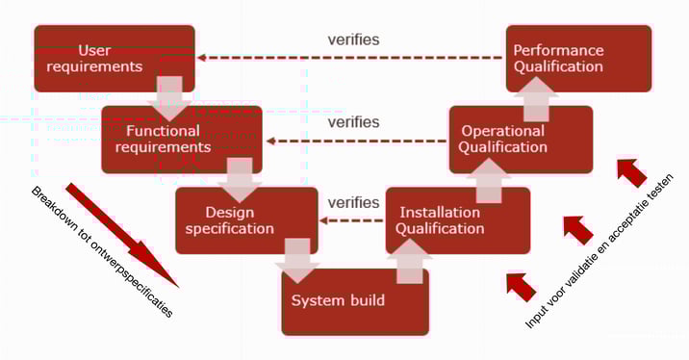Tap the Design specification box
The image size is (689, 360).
pyautogui.click(x=241, y=219)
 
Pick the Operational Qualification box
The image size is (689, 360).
pyautogui.click(x=521, y=139)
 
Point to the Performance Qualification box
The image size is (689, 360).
pyautogui.click(x=578, y=58)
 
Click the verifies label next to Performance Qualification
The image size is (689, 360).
pyautogui.click(x=353, y=39)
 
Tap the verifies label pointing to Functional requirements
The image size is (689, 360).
pyautogui.click(x=353, y=122)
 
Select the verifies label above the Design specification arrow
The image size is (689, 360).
pyautogui.click(x=353, y=203)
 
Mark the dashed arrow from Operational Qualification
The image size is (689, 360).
pyautogui.click(x=357, y=141)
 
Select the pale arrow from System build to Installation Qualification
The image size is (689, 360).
pyautogui.click(x=410, y=260)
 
